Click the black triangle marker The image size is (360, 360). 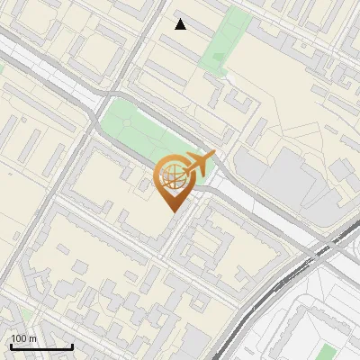point(181,24)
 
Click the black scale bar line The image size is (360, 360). point(41,346)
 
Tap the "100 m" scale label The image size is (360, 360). point(24,338)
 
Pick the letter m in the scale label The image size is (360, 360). point(33,338)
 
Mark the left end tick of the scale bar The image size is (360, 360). point(11,345)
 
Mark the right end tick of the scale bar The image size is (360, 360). point(72,345)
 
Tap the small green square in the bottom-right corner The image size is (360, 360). point(328,351)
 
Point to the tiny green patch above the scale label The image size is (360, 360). point(27,315)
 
